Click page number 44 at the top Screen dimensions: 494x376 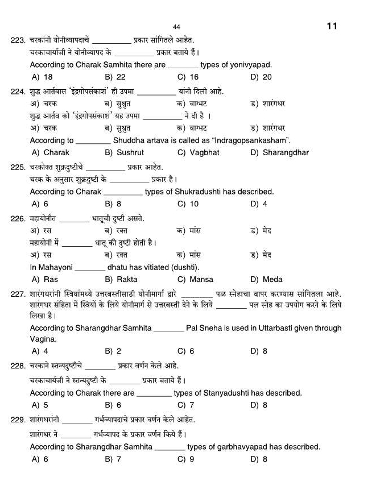tap(176, 27)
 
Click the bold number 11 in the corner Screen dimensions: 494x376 tap(332, 26)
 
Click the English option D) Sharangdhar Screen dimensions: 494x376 tap(279, 152)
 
